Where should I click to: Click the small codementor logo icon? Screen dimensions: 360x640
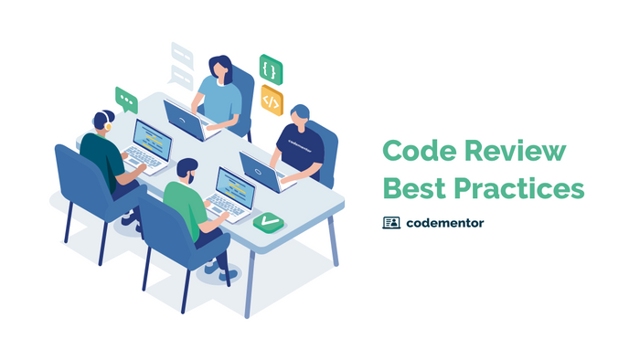[x=391, y=222]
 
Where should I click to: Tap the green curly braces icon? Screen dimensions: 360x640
[x=271, y=69]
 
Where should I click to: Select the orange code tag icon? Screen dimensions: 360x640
[x=272, y=99]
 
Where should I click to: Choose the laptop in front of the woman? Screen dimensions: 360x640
[x=185, y=119]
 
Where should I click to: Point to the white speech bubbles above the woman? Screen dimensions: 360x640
[x=182, y=64]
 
